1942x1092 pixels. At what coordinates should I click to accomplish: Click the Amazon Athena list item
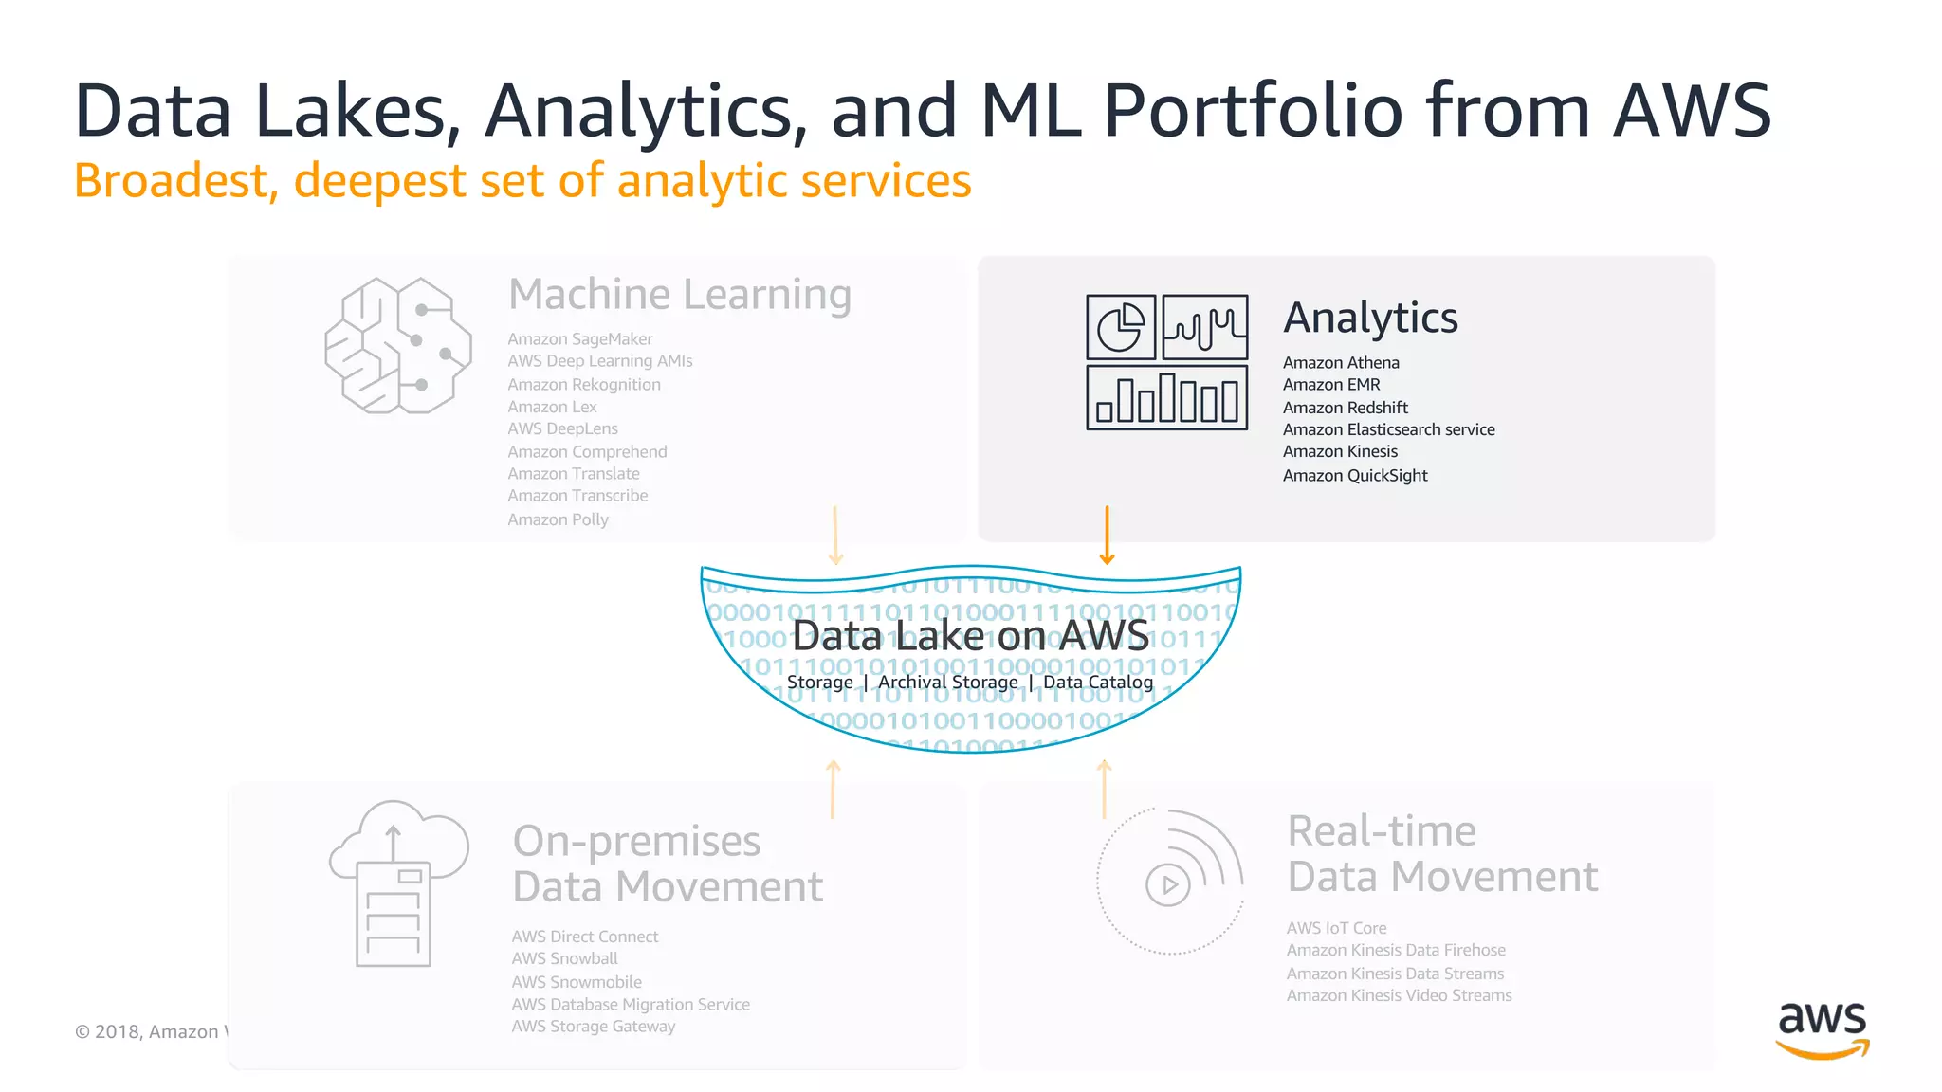point(1340,363)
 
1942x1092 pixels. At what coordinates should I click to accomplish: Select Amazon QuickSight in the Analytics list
point(1354,476)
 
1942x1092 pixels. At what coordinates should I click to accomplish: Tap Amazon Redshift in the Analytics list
point(1345,408)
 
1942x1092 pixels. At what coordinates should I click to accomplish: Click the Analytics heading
point(1370,318)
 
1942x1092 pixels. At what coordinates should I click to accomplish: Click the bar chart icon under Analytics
point(1166,399)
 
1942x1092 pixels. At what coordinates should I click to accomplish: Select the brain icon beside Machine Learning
point(398,346)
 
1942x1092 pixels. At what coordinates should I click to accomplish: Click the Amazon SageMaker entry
point(579,339)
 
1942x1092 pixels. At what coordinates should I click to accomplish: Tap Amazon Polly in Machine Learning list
point(558,519)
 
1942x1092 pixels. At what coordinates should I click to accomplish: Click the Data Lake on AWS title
point(970,636)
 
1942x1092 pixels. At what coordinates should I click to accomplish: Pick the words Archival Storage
point(947,682)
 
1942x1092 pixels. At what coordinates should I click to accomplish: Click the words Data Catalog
point(1098,682)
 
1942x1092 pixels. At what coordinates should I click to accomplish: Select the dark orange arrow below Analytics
point(1107,537)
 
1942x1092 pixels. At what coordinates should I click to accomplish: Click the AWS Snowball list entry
point(564,959)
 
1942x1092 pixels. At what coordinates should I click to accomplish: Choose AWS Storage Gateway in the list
point(593,1027)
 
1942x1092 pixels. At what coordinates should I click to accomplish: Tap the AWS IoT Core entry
point(1336,929)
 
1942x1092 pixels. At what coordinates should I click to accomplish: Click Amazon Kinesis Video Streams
point(1399,996)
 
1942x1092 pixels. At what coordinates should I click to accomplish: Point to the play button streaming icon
point(1168,884)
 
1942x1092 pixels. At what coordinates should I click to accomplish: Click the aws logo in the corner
point(1822,1029)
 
